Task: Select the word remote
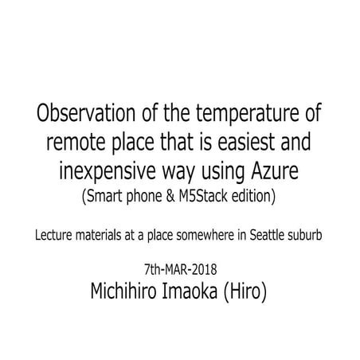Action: [x=84, y=144]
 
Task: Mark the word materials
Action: [x=119, y=237]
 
